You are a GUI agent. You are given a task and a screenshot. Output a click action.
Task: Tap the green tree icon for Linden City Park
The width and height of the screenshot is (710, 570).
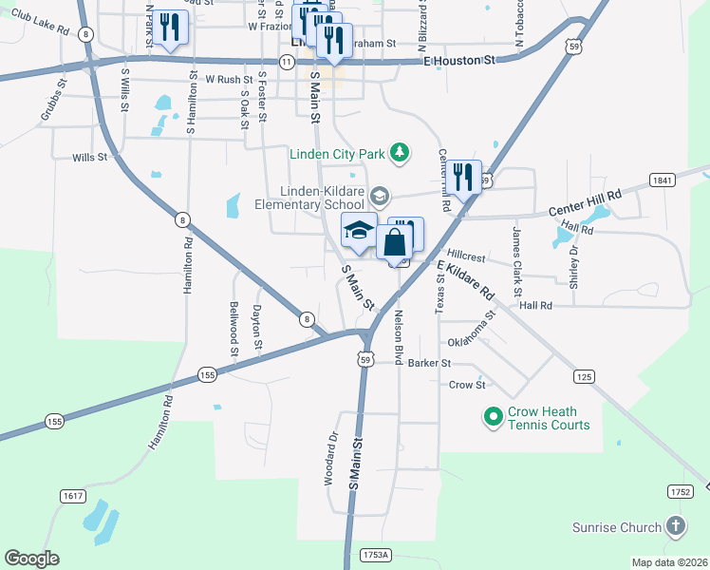coord(401,152)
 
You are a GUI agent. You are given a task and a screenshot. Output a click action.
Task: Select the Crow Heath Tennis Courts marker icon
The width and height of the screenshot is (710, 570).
coord(493,417)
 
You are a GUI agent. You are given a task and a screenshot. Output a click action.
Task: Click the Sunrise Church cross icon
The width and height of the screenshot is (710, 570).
coord(674,526)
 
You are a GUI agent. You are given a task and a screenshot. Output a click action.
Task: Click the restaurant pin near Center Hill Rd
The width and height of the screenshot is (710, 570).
coord(464,177)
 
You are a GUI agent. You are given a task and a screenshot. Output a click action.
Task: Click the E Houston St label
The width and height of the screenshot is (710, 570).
coord(459,61)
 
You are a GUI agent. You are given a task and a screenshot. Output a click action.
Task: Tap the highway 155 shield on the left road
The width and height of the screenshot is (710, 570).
coord(54,420)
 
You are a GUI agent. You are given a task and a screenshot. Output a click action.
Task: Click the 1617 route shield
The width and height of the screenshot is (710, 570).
coord(71,496)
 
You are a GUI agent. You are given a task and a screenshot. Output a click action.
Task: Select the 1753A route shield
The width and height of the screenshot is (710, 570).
coord(376,554)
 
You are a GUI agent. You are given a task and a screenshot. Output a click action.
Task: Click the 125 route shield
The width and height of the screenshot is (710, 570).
coord(585,377)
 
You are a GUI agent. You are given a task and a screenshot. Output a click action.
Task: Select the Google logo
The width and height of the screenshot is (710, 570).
coord(31,559)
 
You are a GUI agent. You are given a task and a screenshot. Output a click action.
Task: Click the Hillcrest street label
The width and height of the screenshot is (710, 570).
coord(466,257)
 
